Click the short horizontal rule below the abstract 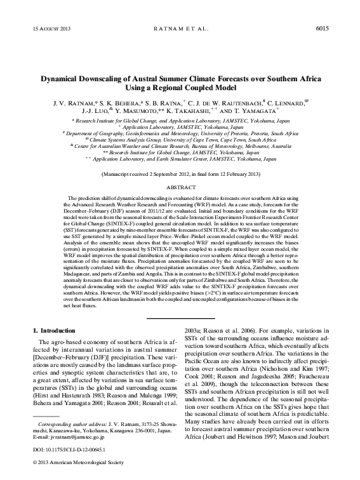[x=180, y=316]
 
